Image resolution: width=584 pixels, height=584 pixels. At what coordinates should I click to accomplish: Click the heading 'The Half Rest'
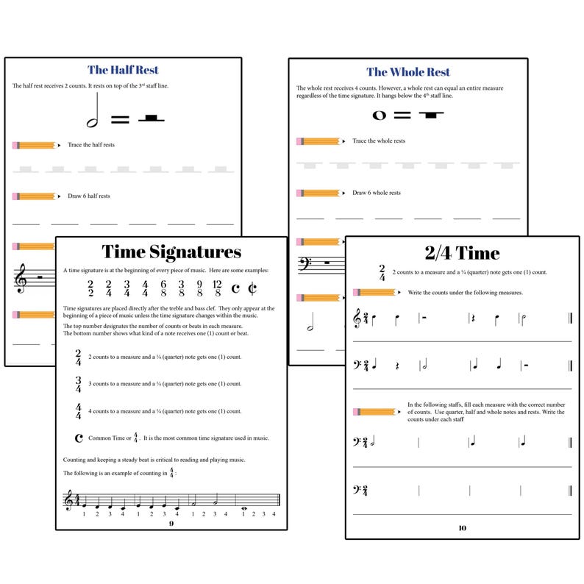[x=124, y=70]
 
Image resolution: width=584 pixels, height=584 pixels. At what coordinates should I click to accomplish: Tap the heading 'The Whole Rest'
[x=408, y=71]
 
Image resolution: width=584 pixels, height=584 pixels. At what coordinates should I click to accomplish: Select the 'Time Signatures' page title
[x=171, y=252]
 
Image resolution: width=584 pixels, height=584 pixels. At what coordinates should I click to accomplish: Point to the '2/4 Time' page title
[x=462, y=253]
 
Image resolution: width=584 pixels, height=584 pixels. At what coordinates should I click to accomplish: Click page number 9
[x=171, y=523]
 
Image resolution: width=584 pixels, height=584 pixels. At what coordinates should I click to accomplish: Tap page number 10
[x=462, y=527]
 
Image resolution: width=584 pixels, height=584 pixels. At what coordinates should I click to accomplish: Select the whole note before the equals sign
[x=380, y=115]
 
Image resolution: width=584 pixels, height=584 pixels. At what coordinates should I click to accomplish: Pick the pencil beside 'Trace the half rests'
[x=35, y=145]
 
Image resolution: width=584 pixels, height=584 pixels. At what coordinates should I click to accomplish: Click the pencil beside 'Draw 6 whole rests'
[x=319, y=193]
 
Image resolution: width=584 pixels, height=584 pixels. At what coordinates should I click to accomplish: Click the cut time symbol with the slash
[x=253, y=288]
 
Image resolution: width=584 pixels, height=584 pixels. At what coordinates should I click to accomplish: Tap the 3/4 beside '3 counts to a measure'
[x=78, y=385]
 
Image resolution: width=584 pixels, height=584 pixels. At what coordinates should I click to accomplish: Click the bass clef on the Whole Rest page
[x=303, y=263]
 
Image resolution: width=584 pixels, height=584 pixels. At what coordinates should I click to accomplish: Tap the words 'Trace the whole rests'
[x=378, y=140]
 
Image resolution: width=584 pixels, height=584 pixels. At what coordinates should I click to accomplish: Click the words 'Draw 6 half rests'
[x=88, y=196]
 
